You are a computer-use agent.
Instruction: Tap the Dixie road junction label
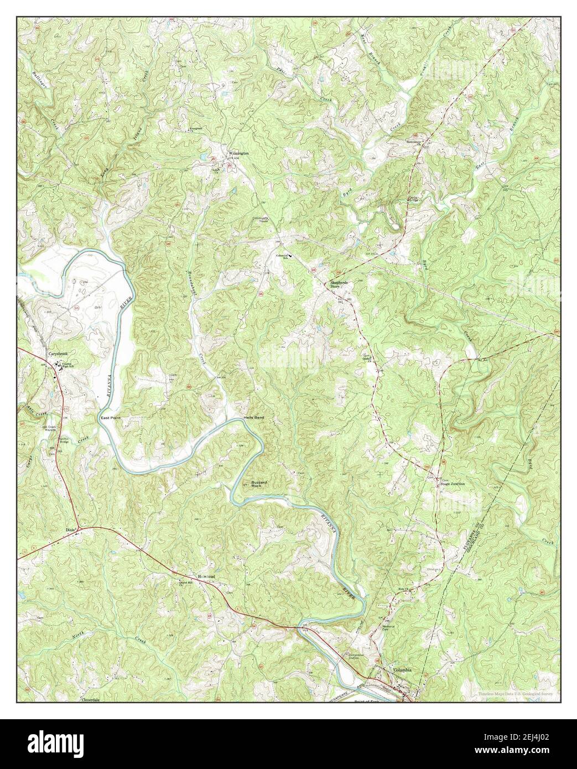[70, 529]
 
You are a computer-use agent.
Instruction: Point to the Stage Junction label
[452, 484]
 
